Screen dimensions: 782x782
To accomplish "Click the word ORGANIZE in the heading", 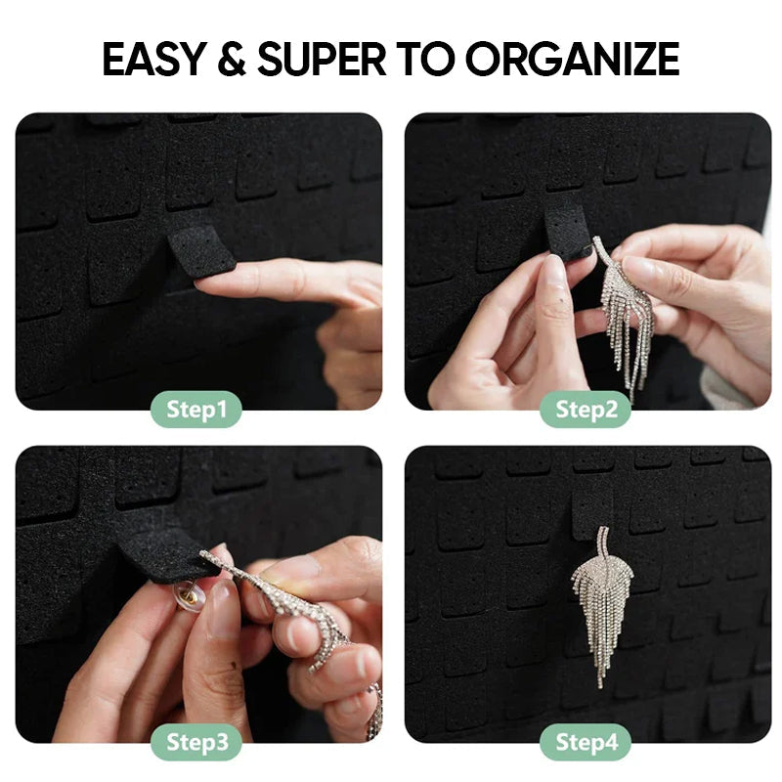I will click(x=572, y=60).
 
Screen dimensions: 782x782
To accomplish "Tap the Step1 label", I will click(x=195, y=410).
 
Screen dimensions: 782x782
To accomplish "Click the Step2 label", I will click(x=586, y=410).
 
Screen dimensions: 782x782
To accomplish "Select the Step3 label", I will click(x=195, y=742).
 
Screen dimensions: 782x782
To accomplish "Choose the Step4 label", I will click(x=586, y=742).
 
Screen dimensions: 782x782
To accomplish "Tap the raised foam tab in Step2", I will click(x=566, y=231).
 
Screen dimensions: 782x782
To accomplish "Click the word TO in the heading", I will click(x=427, y=60).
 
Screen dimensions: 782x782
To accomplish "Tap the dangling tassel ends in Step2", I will click(x=626, y=357).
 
